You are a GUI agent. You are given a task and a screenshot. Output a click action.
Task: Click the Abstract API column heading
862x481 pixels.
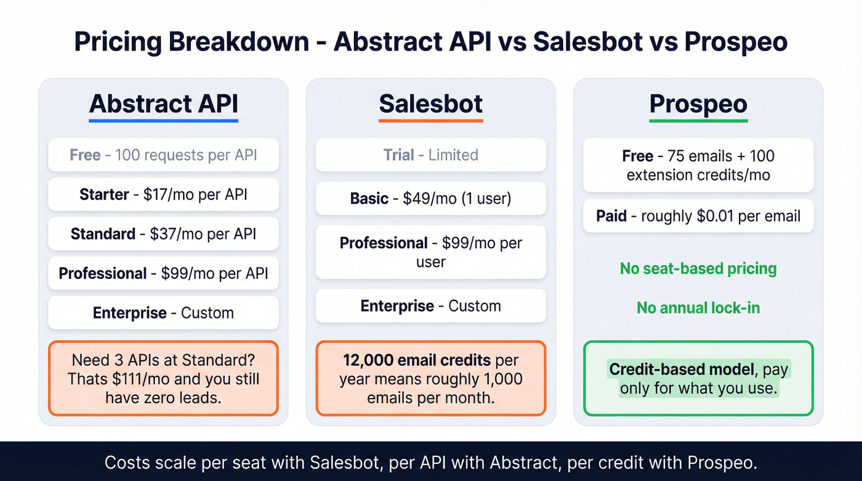tap(163, 103)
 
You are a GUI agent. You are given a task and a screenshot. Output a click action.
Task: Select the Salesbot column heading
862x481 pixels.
tap(430, 103)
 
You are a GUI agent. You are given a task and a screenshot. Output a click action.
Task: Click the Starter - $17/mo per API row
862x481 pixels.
tap(163, 195)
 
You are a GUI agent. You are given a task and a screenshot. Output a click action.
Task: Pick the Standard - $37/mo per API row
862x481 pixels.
tap(163, 233)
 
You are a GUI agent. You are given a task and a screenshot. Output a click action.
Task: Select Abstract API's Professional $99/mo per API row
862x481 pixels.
tap(163, 273)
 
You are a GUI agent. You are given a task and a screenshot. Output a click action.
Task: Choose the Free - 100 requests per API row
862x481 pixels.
tap(163, 155)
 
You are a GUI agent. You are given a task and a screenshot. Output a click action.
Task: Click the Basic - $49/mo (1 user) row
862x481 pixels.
tap(430, 198)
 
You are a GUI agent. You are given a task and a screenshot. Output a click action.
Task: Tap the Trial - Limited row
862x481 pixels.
tap(430, 155)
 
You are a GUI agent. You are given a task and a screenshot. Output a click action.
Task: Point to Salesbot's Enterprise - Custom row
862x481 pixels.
tap(430, 305)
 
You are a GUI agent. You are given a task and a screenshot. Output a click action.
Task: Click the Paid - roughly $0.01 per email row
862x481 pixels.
tap(698, 216)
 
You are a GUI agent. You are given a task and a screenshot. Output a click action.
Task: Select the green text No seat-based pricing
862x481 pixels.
tap(698, 269)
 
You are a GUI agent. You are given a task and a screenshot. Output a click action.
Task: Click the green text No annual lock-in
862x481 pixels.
tap(698, 307)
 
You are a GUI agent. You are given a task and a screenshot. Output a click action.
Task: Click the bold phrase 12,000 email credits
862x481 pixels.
tap(417, 360)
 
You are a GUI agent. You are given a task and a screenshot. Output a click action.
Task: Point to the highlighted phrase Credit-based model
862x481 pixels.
tap(682, 370)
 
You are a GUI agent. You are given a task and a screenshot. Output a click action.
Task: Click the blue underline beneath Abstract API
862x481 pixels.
tap(163, 121)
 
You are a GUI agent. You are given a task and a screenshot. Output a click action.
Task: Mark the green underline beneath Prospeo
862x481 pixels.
tap(698, 121)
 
